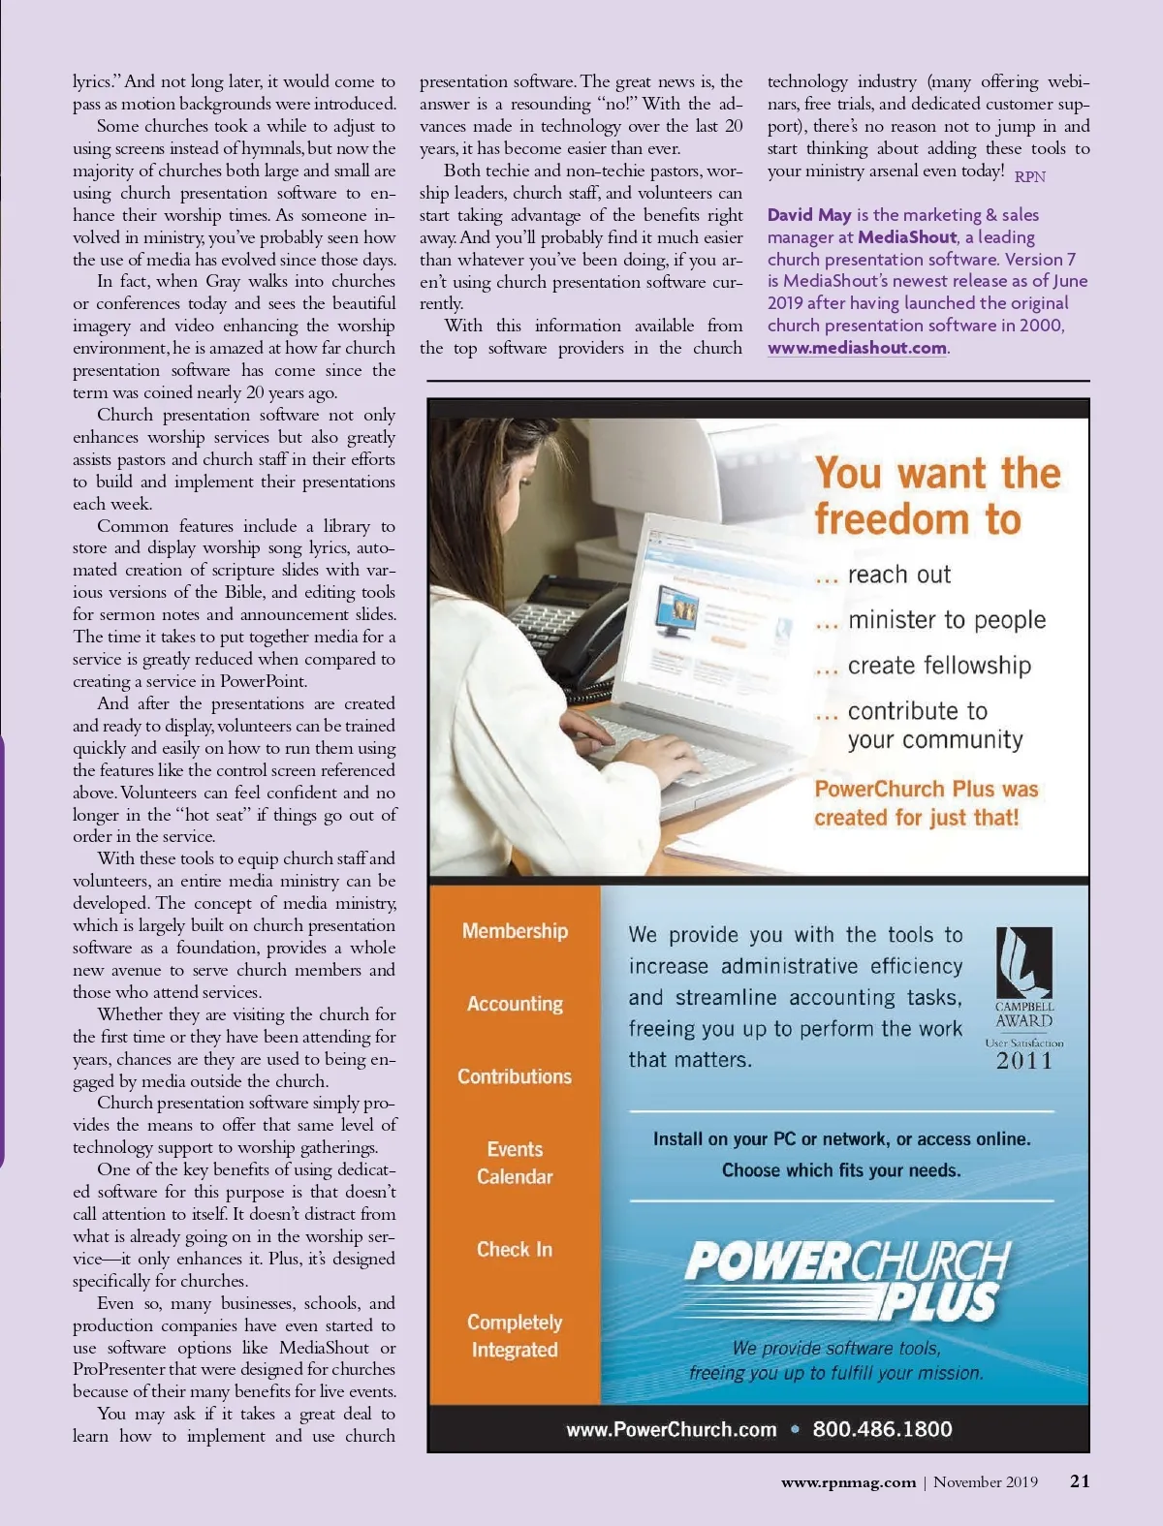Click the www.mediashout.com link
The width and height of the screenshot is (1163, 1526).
pos(857,348)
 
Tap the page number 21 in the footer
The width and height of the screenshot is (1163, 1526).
pos(1080,1480)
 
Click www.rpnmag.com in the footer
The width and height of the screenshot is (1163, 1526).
pos(848,1481)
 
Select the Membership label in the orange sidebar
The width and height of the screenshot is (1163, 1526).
pos(515,931)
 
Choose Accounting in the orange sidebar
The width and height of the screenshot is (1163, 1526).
pos(515,1004)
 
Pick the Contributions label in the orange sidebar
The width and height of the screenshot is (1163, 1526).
pos(515,1076)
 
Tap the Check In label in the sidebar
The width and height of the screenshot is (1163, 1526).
pos(515,1249)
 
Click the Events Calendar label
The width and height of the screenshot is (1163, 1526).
pos(515,1163)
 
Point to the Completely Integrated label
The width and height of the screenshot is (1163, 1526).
pos(515,1335)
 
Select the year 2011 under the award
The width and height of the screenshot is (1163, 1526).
pos(1024,1061)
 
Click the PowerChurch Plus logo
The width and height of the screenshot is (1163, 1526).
pos(846,1279)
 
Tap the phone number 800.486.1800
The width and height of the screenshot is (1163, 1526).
pos(882,1429)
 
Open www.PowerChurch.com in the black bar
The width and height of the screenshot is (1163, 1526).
pos(672,1429)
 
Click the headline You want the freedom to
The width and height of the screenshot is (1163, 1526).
pos(936,495)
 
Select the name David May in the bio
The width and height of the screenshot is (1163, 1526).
pos(809,215)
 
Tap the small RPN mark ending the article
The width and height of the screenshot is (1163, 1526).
pos(1029,176)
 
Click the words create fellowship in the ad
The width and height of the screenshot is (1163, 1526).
pos(938,666)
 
